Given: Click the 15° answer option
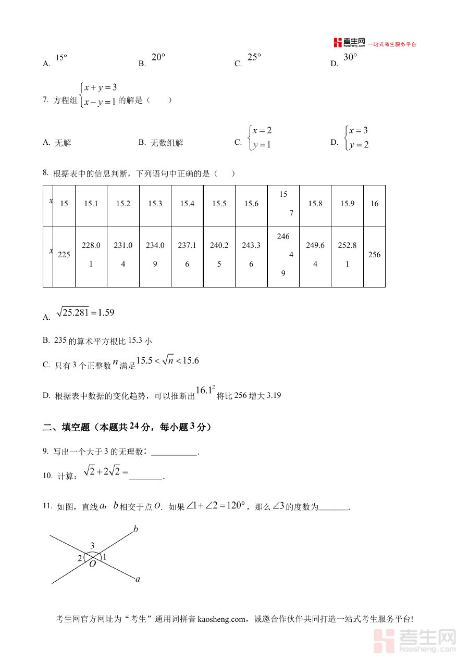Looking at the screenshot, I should pyautogui.click(x=61, y=58).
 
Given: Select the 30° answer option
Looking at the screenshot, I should pyautogui.click(x=350, y=57).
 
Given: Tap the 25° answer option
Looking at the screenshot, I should pyautogui.click(x=254, y=57).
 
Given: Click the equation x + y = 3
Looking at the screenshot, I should pyautogui.click(x=100, y=87).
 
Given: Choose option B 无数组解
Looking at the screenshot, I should pyautogui.click(x=162, y=143).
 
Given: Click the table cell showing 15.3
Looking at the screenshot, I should pyautogui.click(x=155, y=204).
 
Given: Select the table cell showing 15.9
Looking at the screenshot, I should pyautogui.click(x=347, y=204).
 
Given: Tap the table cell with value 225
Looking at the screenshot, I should pyautogui.click(x=64, y=255).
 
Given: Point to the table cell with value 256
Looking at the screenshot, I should pyautogui.click(x=374, y=255).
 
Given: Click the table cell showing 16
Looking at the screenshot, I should pyautogui.click(x=374, y=204).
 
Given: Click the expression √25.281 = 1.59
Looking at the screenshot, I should pyautogui.click(x=85, y=312).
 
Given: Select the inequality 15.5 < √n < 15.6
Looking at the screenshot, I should pyautogui.click(x=167, y=360).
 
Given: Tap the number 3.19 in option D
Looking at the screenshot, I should pyautogui.click(x=274, y=395).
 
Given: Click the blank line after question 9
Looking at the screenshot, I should pyautogui.click(x=174, y=452).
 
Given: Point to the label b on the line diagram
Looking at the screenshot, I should pyautogui.click(x=135, y=530).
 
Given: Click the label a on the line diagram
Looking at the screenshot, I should pyautogui.click(x=138, y=579).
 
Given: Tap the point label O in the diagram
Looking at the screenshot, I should pyautogui.click(x=92, y=564).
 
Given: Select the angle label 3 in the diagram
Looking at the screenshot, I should pyautogui.click(x=92, y=546).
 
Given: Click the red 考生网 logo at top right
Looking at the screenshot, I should pyautogui.click(x=349, y=43).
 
